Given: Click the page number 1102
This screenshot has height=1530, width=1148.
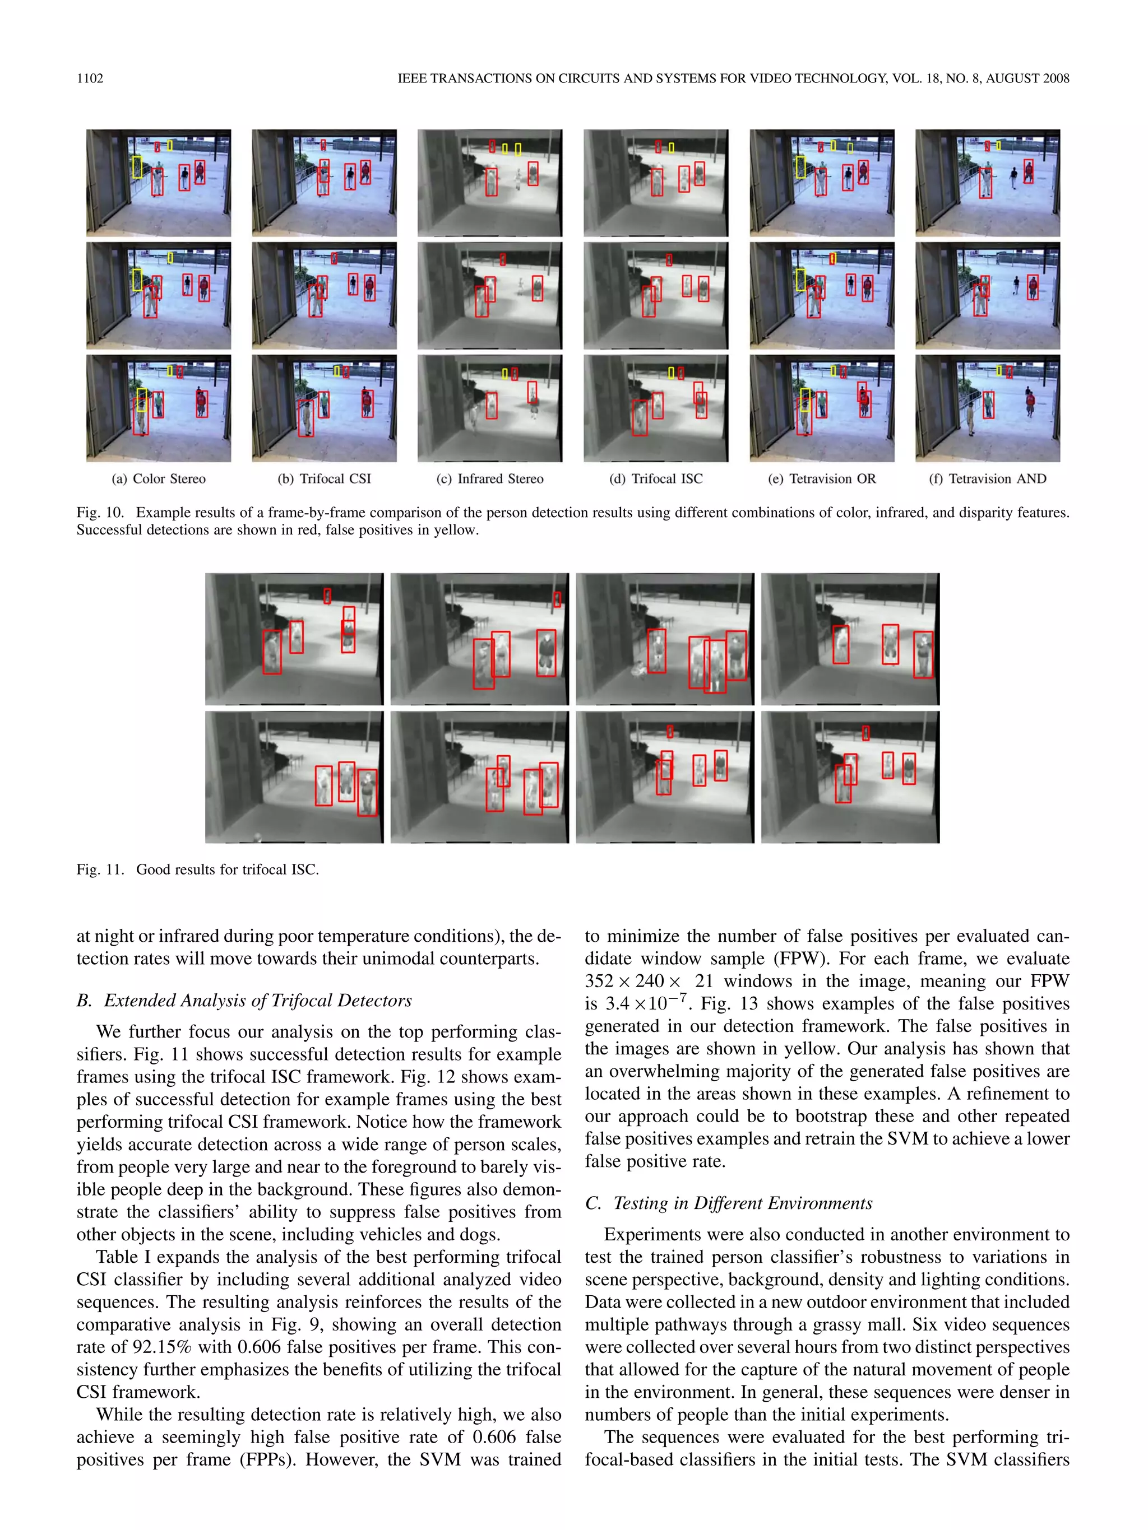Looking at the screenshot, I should pos(89,78).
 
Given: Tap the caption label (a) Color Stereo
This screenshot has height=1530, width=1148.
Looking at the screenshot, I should pos(159,478).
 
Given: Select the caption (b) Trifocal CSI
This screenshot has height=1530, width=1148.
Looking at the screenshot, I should pos(324,478).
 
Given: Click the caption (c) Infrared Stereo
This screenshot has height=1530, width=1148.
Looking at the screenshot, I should pos(490,478).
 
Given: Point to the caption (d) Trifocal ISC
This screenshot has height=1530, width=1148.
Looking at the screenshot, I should pos(655,478).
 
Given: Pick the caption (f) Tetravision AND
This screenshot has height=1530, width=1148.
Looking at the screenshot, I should pos(988,478).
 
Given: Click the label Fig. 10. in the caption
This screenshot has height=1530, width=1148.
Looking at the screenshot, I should pos(100,513).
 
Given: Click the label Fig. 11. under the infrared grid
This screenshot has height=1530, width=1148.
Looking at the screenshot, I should pos(100,869).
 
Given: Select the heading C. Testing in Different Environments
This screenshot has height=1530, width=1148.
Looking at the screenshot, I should pos(729,1203).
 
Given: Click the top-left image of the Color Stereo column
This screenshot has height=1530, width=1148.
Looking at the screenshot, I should pos(159,183).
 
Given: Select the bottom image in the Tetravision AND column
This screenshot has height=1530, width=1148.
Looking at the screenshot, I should pos(988,408).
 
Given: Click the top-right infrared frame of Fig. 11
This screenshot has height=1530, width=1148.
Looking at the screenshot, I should pos(850,639).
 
